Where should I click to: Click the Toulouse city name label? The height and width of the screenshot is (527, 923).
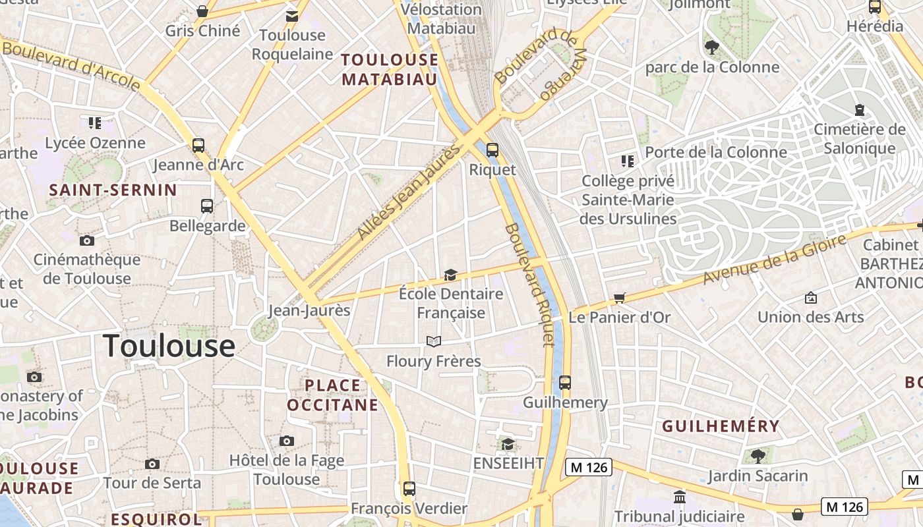(169, 346)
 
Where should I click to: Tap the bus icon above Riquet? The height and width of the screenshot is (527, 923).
(492, 150)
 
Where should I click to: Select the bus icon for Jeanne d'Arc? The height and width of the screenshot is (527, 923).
(198, 146)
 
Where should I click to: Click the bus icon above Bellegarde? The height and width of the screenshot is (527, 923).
(207, 206)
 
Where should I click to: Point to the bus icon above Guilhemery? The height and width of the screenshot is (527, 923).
(564, 383)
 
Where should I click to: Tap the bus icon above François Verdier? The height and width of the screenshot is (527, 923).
(409, 489)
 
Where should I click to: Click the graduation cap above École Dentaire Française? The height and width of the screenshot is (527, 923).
(450, 275)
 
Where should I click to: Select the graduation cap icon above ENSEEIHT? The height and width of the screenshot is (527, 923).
(508, 444)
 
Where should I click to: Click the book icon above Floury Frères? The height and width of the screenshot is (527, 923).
(433, 341)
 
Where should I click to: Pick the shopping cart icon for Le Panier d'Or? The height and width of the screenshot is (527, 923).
(619, 298)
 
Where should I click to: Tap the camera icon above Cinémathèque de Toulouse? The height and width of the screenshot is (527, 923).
(86, 240)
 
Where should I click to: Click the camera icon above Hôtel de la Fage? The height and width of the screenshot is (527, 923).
(286, 441)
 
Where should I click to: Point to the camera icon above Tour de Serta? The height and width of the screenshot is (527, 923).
(152, 464)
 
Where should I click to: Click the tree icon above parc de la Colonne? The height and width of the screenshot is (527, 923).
(711, 46)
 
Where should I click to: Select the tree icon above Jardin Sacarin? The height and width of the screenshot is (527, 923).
(758, 456)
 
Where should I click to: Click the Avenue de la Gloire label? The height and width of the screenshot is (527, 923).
(774, 260)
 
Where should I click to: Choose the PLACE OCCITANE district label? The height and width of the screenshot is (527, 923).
(332, 395)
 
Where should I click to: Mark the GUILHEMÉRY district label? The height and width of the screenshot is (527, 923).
(721, 426)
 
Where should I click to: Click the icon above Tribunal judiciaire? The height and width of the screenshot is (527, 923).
(679, 497)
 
